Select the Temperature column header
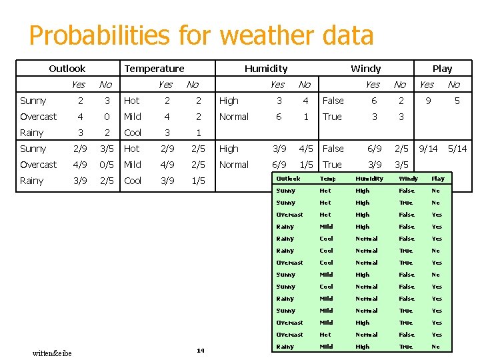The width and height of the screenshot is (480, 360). click(x=154, y=69)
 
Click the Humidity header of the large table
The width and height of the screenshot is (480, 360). click(x=266, y=69)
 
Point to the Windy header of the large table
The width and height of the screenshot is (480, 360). click(x=365, y=69)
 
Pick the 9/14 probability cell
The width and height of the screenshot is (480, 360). click(x=427, y=149)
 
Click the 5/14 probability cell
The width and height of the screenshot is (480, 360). click(x=457, y=149)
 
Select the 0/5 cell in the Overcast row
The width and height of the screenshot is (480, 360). click(x=105, y=165)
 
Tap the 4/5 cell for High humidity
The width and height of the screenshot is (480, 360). click(x=306, y=149)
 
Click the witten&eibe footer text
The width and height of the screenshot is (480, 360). click(x=52, y=353)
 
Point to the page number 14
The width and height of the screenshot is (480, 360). click(x=200, y=351)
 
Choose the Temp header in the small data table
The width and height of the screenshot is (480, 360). click(x=327, y=179)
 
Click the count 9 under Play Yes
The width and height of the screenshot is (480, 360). click(x=427, y=101)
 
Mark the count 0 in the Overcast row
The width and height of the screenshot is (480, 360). click(x=105, y=117)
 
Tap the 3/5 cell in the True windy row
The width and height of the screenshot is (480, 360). click(x=401, y=165)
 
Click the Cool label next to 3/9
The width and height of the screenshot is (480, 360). click(x=133, y=181)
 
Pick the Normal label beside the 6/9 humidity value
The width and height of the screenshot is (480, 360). click(x=233, y=165)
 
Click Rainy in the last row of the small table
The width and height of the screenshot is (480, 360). click(x=285, y=347)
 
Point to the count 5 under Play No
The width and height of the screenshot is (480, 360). click(x=457, y=101)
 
